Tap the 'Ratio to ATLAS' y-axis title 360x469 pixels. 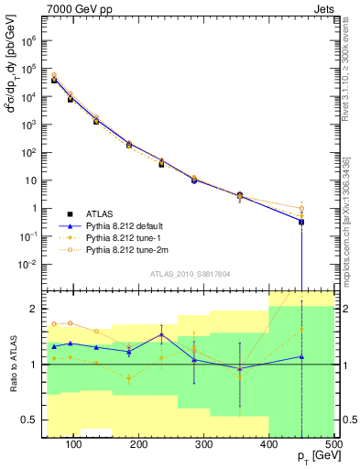[x=12, y=365]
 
